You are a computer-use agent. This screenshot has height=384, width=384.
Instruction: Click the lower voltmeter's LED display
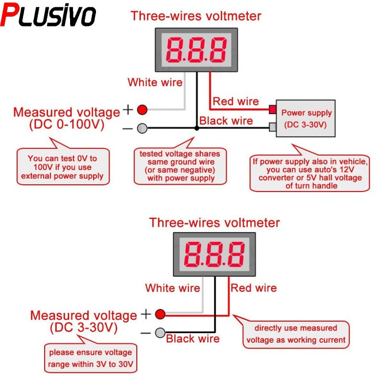click(215, 254)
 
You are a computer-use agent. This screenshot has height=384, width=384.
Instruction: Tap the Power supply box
click(306, 119)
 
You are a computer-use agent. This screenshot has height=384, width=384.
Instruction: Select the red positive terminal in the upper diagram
click(142, 110)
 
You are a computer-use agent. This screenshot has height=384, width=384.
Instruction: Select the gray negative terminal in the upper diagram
click(142, 128)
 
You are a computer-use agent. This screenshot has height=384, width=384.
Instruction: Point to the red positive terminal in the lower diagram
click(160, 314)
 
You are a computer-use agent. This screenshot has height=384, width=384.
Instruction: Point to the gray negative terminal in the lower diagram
click(160, 332)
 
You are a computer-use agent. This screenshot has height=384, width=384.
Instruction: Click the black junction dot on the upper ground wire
click(196, 128)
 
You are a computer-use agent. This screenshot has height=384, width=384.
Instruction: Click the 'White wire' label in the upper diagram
click(155, 83)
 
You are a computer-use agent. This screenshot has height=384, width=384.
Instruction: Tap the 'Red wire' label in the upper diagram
click(236, 101)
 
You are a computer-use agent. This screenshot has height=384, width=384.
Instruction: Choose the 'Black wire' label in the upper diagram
click(226, 120)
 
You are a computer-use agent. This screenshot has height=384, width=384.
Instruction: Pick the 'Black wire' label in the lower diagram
click(192, 339)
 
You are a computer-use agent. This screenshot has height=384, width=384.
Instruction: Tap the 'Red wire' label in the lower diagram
click(254, 288)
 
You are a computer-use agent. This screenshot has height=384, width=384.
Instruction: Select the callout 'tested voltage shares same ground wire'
click(180, 166)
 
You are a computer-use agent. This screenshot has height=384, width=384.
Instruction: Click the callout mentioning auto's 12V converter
click(310, 173)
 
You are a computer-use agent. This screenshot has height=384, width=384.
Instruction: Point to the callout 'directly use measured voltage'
click(296, 334)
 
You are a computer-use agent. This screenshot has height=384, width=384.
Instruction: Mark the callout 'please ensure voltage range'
click(90, 358)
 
